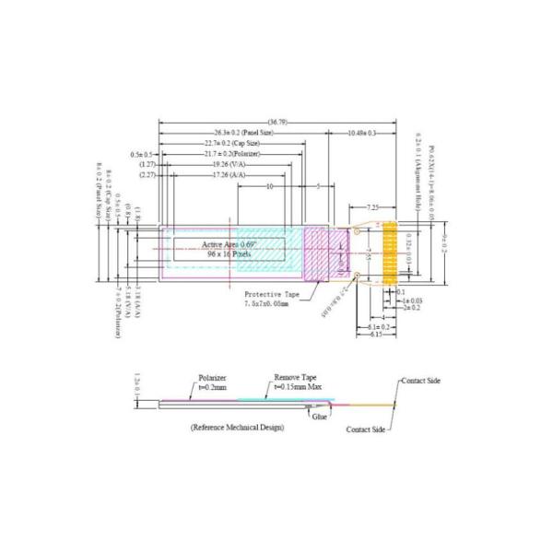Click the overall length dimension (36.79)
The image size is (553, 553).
pyautogui.click(x=277, y=122)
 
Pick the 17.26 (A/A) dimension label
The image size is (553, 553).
pyautogui.click(x=227, y=173)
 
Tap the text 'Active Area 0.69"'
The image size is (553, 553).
pyautogui.click(x=229, y=242)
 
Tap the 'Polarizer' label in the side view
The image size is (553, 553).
pyautogui.click(x=212, y=378)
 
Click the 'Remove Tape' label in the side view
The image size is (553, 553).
pyautogui.click(x=294, y=378)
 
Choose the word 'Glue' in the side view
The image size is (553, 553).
pyautogui.click(x=320, y=418)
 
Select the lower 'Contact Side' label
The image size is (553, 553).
pyautogui.click(x=366, y=429)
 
